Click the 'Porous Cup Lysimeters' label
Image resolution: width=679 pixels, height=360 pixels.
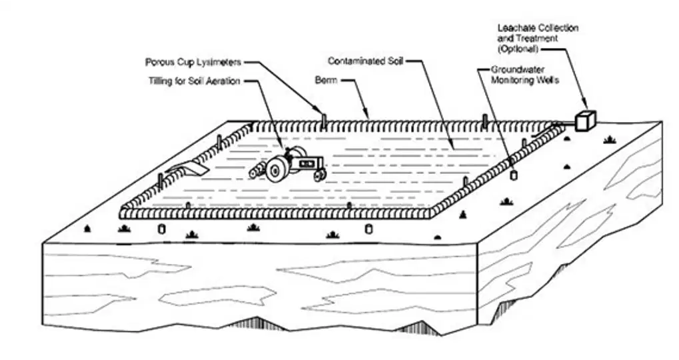pos(193,63)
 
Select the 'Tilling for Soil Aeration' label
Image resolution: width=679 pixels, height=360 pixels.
pos(194,81)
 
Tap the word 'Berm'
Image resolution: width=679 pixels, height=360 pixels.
pos(326,80)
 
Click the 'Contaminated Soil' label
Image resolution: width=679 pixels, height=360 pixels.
pos(365,61)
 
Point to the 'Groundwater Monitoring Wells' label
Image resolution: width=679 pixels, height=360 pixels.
pos(525,75)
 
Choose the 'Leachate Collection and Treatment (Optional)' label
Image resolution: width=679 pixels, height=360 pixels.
pos(538,38)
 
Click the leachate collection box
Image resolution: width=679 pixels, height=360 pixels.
pos(586,121)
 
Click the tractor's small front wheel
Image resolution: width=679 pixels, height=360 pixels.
pos(320,175)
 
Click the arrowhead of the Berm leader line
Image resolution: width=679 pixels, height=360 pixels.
pos(366,115)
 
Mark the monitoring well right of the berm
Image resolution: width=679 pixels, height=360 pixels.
pos(514,175)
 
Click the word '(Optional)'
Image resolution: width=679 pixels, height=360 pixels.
pos(518,49)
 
